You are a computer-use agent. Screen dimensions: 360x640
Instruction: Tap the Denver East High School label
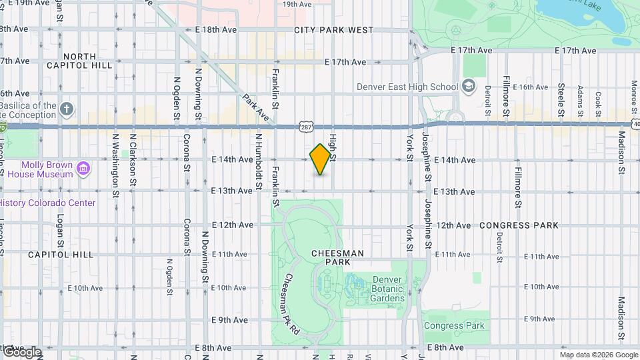point(407,87)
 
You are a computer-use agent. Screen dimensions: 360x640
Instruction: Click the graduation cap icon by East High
point(469,86)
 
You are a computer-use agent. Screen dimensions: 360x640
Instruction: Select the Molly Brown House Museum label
point(47,169)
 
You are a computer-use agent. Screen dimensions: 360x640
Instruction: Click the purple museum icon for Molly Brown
point(83,169)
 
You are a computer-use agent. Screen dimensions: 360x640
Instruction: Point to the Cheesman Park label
point(337,257)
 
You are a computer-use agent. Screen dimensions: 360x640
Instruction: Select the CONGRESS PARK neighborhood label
point(519,225)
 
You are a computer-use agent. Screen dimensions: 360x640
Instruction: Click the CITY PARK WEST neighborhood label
point(333,30)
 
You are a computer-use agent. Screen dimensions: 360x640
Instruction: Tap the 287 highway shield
point(306,126)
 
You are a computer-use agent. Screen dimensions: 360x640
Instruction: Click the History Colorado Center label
point(48,203)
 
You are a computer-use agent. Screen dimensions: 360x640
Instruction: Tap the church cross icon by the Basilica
point(67,109)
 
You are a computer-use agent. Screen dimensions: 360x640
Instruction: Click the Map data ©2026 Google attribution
point(599,355)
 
